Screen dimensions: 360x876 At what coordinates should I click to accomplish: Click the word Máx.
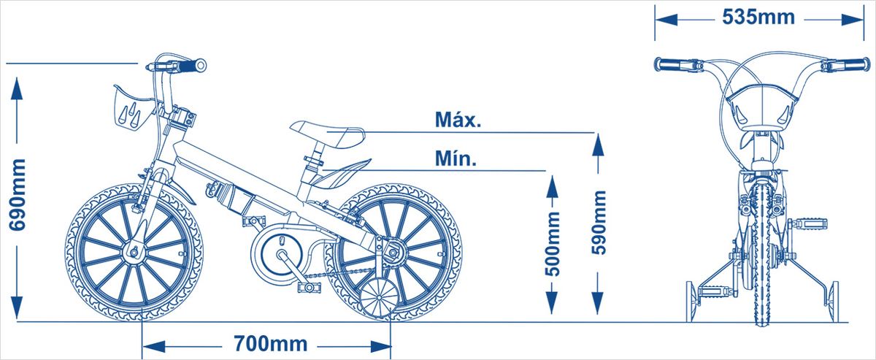click(x=458, y=120)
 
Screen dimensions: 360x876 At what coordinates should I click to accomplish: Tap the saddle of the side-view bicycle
click(x=326, y=134)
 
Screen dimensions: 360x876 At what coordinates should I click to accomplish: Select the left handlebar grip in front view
click(x=670, y=65)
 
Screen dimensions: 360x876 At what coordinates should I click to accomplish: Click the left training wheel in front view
click(x=691, y=299)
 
